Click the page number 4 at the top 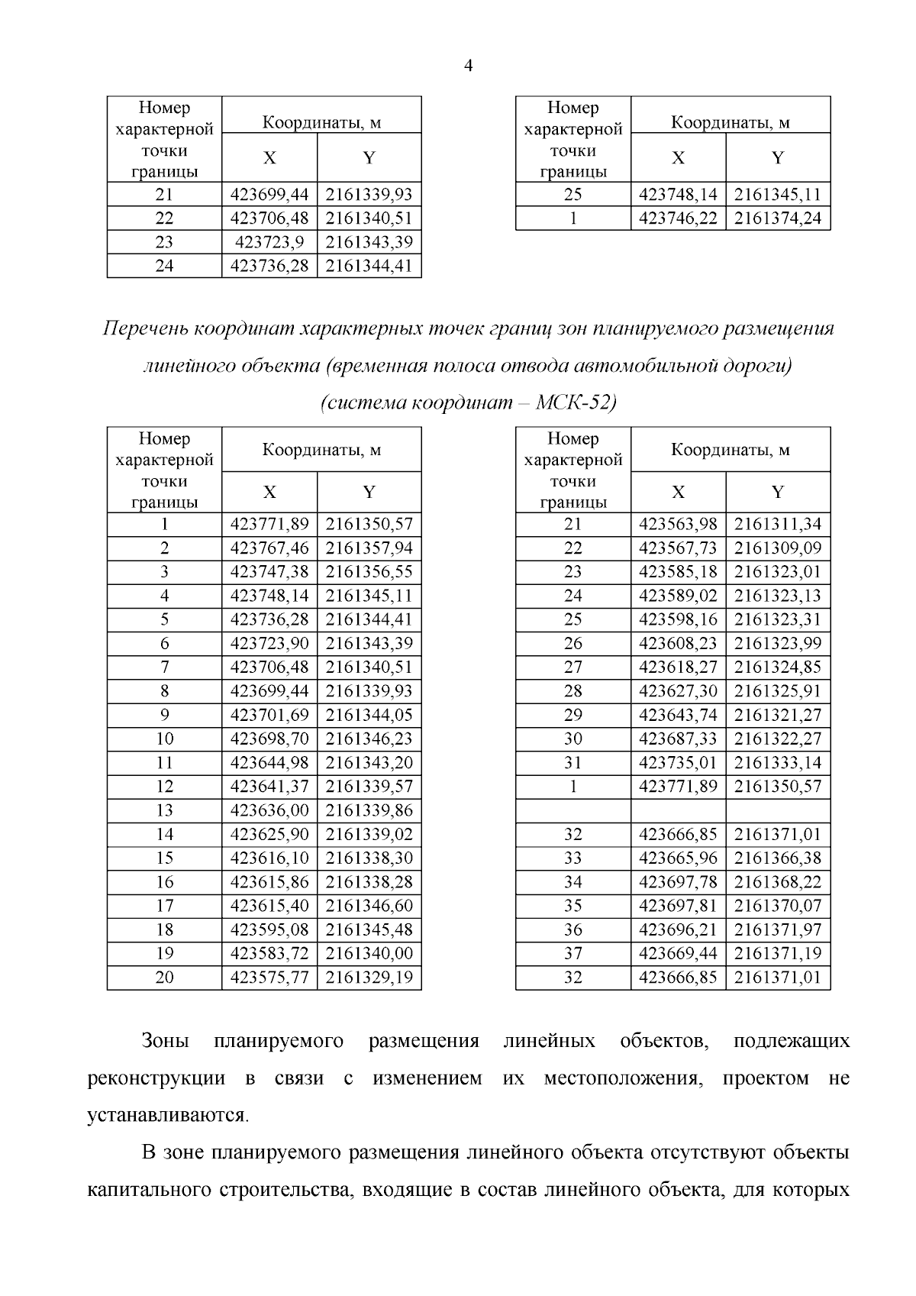point(468,66)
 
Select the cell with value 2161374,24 point(777,218)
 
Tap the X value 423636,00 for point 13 point(269,810)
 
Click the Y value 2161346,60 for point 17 point(369,906)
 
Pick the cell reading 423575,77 point(269,978)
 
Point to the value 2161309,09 point(777,548)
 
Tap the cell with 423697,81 point(678,906)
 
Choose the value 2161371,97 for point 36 point(777,929)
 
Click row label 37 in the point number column point(572,953)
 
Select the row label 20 point(164,978)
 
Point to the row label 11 point(164,763)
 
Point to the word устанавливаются point(168,1116)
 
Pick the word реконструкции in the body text point(156,1079)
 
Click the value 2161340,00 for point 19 point(369,953)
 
